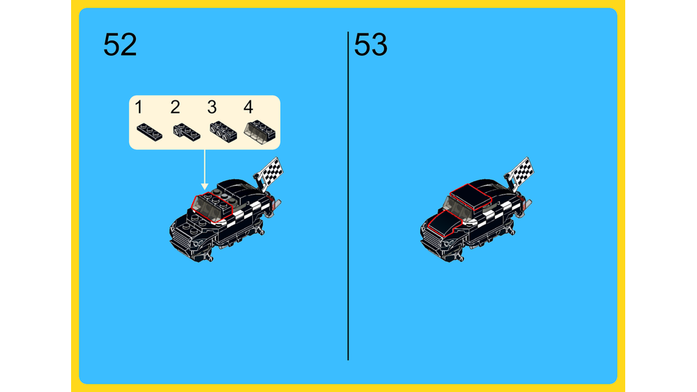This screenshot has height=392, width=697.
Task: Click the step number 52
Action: click(x=120, y=45)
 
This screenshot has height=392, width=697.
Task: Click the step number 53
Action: click(x=371, y=45)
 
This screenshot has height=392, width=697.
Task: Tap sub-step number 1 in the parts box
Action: click(x=139, y=107)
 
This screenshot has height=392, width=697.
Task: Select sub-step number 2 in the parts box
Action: click(x=175, y=107)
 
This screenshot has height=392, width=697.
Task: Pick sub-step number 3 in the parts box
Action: click(x=212, y=107)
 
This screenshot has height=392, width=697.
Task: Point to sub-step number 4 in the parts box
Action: click(x=248, y=107)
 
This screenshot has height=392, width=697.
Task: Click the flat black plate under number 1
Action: click(x=149, y=132)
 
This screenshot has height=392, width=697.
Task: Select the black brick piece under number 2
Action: click(x=187, y=132)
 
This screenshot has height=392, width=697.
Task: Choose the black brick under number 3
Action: click(x=223, y=132)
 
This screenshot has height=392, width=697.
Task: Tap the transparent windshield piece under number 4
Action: click(x=259, y=132)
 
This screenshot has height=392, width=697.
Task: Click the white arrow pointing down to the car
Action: click(x=204, y=169)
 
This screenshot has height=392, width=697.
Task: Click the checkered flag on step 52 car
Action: click(x=270, y=172)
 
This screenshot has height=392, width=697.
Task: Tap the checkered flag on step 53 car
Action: click(x=521, y=172)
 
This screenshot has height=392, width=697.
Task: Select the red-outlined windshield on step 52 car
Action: click(x=212, y=206)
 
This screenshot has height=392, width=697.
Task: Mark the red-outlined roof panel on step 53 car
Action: click(x=470, y=197)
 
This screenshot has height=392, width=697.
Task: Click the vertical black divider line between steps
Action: click(x=348, y=196)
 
